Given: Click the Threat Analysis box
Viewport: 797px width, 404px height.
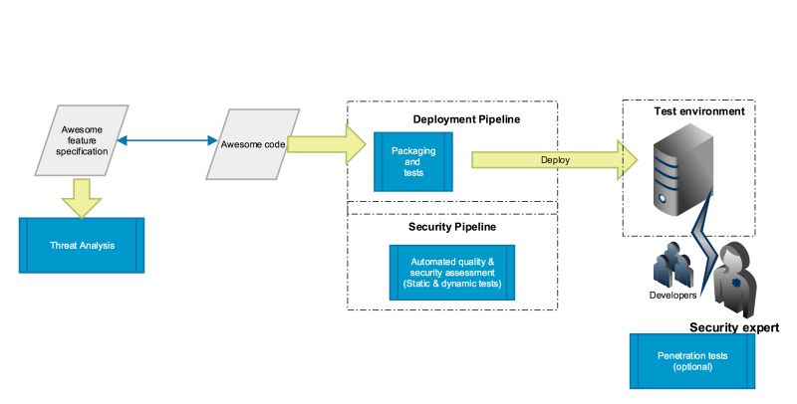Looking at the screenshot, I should (82, 245).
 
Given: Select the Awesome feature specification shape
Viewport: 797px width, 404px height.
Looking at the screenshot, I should (82, 143).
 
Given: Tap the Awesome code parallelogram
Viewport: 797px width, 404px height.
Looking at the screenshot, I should (252, 145).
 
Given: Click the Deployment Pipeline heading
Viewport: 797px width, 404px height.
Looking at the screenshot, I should (466, 119).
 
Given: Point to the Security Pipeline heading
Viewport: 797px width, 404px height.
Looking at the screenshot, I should (452, 227).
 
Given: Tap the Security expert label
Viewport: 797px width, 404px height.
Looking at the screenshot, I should (733, 326).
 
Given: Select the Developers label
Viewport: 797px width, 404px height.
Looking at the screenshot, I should (673, 295).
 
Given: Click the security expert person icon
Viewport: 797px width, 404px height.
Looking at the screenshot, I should (736, 279).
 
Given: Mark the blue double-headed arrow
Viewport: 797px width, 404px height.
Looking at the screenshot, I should (167, 143).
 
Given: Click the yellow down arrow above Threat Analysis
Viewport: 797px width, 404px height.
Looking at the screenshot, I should (82, 197).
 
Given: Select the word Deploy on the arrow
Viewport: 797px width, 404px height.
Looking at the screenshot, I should (556, 159).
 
